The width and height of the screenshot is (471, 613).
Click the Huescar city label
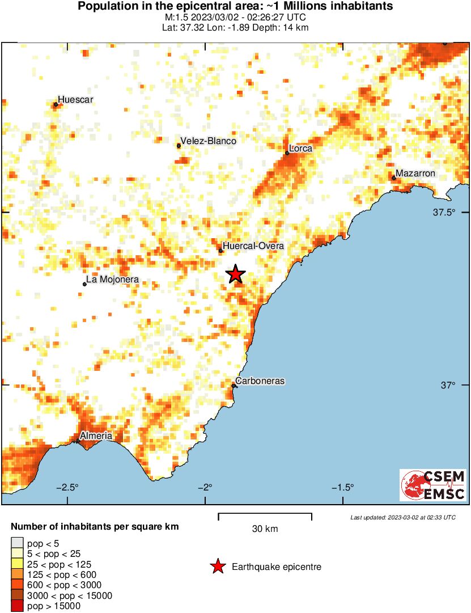pyautogui.click(x=75, y=100)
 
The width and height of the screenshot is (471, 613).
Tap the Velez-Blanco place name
pyautogui.click(x=208, y=141)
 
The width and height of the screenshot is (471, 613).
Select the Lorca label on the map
pyautogui.click(x=301, y=149)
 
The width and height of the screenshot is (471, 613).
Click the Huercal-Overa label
pyautogui.click(x=253, y=246)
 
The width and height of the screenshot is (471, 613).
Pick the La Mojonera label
pyautogui.click(x=112, y=280)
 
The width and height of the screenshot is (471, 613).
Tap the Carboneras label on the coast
pyautogui.click(x=260, y=381)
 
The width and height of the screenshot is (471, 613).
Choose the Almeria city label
pyautogui.click(x=96, y=436)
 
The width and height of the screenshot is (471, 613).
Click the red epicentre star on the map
pyautogui.click(x=235, y=274)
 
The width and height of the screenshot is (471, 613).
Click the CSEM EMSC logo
pyautogui.click(x=434, y=485)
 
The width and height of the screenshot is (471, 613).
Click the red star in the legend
pyautogui.click(x=217, y=567)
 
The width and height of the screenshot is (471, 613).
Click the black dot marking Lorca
pyautogui.click(x=287, y=153)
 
